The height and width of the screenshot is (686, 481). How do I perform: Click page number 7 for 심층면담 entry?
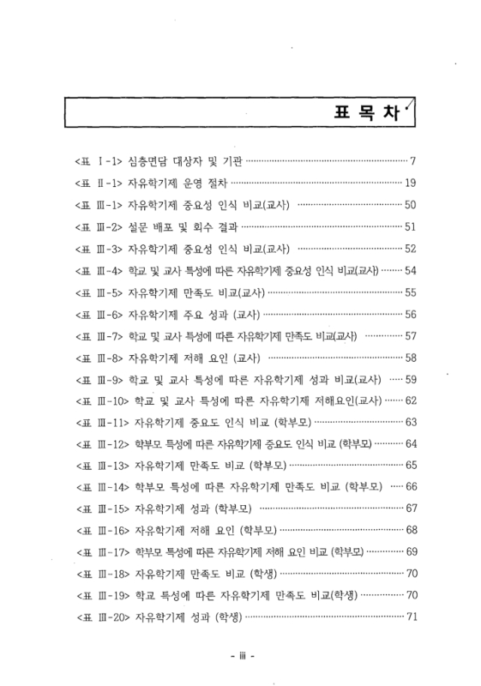[412, 160]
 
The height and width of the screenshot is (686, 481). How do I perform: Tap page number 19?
[409, 183]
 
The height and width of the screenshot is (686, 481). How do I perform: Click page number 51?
[409, 227]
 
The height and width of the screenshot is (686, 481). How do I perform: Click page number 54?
[409, 272]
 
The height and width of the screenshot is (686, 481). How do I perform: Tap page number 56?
[409, 315]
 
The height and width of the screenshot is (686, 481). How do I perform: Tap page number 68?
[409, 530]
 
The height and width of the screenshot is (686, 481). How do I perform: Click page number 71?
[409, 617]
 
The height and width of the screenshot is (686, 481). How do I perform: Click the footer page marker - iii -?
[244, 658]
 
